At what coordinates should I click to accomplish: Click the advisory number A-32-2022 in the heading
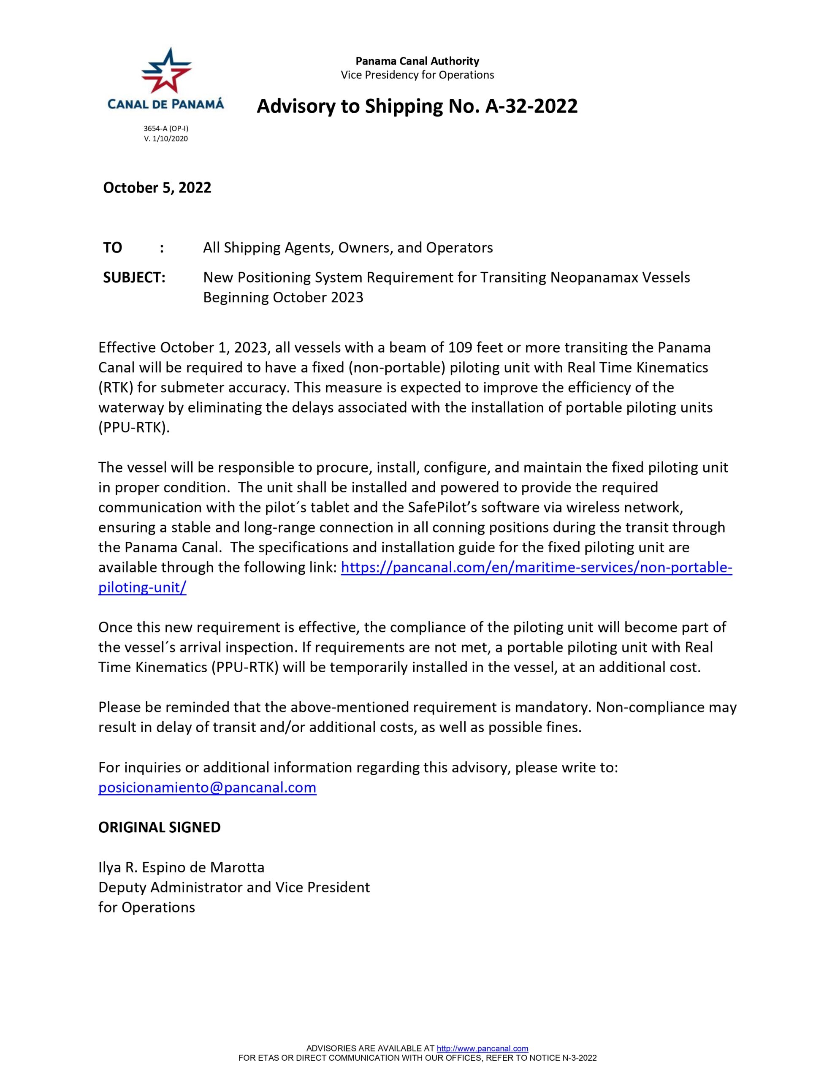(x=531, y=106)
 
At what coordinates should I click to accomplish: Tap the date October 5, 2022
(x=157, y=187)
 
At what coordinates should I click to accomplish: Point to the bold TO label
(x=112, y=247)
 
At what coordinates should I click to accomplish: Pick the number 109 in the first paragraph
(x=460, y=348)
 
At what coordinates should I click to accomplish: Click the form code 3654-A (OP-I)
(x=166, y=129)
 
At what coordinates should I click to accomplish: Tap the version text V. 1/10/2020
(x=166, y=139)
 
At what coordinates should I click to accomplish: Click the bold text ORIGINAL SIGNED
(x=160, y=827)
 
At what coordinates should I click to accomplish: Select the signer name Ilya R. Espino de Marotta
(x=181, y=867)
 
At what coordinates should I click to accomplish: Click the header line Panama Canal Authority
(x=417, y=61)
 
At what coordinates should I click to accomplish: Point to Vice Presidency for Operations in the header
(x=417, y=75)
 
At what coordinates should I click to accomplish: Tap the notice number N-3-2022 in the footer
(x=579, y=1058)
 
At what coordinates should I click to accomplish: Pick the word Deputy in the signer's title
(x=122, y=887)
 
